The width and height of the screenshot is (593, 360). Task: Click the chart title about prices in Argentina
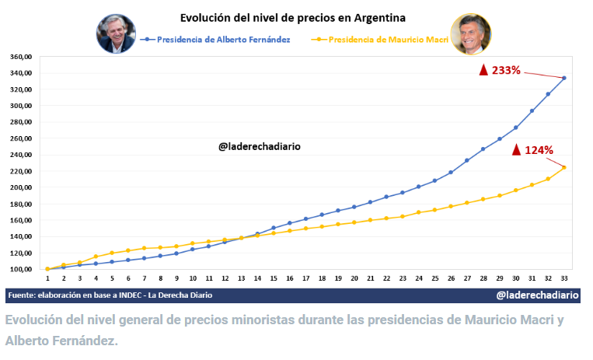click(x=292, y=16)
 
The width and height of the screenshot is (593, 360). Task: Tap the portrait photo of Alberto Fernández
click(x=116, y=33)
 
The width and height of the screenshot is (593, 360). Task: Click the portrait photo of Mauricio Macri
click(x=471, y=33)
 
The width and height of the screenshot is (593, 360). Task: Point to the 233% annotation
click(x=506, y=70)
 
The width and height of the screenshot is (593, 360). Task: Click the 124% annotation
click(x=538, y=149)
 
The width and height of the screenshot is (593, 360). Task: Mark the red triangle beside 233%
click(x=483, y=70)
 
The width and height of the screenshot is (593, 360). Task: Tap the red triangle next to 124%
click(x=515, y=149)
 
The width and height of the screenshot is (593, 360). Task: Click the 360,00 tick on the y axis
click(x=20, y=57)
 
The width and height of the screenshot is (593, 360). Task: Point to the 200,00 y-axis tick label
click(x=20, y=187)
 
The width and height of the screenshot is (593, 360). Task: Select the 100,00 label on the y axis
click(x=20, y=269)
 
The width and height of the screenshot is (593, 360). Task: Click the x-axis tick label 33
click(x=563, y=278)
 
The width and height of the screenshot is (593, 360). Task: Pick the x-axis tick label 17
click(x=305, y=278)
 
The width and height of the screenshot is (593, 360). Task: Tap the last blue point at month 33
click(x=564, y=78)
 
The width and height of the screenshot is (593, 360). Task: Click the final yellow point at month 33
click(x=564, y=167)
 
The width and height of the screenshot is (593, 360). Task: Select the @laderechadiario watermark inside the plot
click(x=259, y=145)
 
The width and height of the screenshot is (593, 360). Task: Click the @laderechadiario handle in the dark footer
click(x=537, y=295)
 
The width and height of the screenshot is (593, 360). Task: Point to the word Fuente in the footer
click(x=24, y=295)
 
